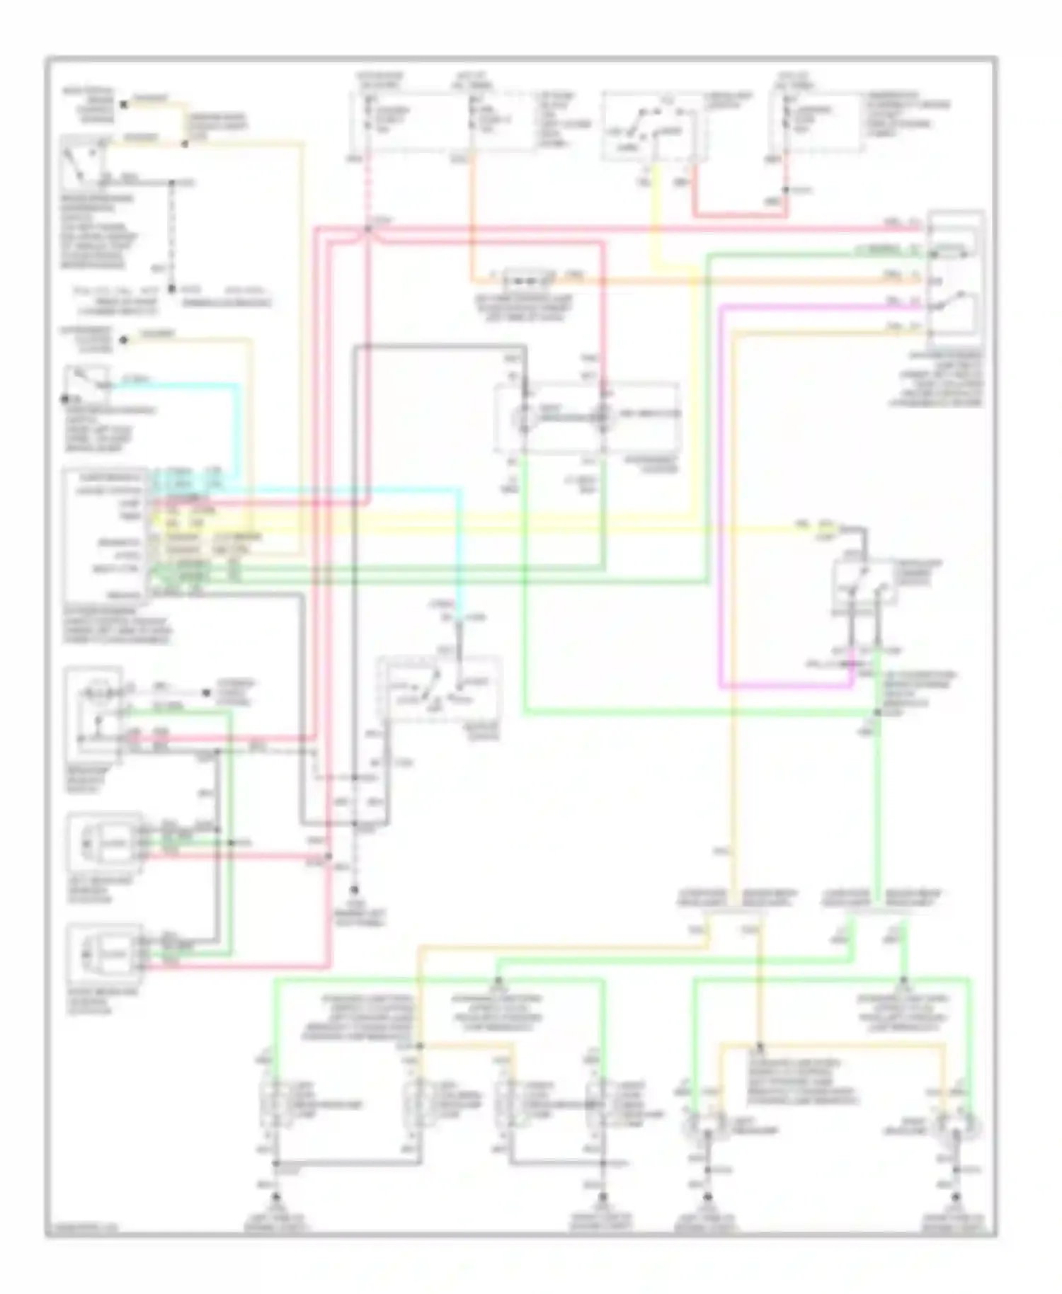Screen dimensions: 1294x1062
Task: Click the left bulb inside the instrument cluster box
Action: tap(524, 417)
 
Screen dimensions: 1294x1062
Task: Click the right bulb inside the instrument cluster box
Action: tap(603, 417)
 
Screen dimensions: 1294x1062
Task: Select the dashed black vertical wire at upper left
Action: tap(172, 234)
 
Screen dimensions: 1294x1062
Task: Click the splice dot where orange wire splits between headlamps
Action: tap(760, 1046)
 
